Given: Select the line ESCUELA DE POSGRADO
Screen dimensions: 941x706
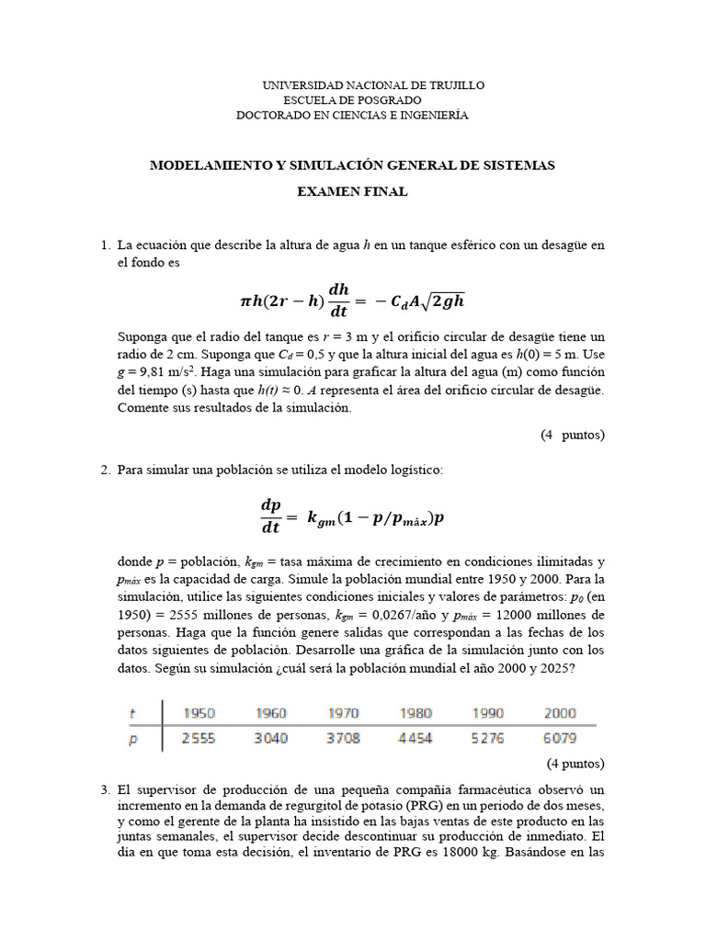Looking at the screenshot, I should [x=352, y=99].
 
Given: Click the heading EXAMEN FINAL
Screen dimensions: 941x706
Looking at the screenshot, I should [x=352, y=192].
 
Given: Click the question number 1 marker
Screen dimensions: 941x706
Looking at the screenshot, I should [x=104, y=245].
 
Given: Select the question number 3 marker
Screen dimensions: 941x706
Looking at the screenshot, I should [x=104, y=789].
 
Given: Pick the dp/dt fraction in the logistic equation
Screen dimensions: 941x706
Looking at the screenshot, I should [x=271, y=516].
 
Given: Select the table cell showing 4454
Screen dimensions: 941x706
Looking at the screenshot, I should [x=415, y=738].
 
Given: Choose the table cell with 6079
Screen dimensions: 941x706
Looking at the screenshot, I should [x=558, y=738].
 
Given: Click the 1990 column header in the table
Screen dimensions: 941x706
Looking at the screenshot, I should [x=487, y=712].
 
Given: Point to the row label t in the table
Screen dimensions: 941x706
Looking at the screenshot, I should [x=132, y=712].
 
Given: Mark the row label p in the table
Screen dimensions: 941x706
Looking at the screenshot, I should [x=132, y=739].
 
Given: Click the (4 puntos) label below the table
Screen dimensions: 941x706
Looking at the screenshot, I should [x=575, y=763].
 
